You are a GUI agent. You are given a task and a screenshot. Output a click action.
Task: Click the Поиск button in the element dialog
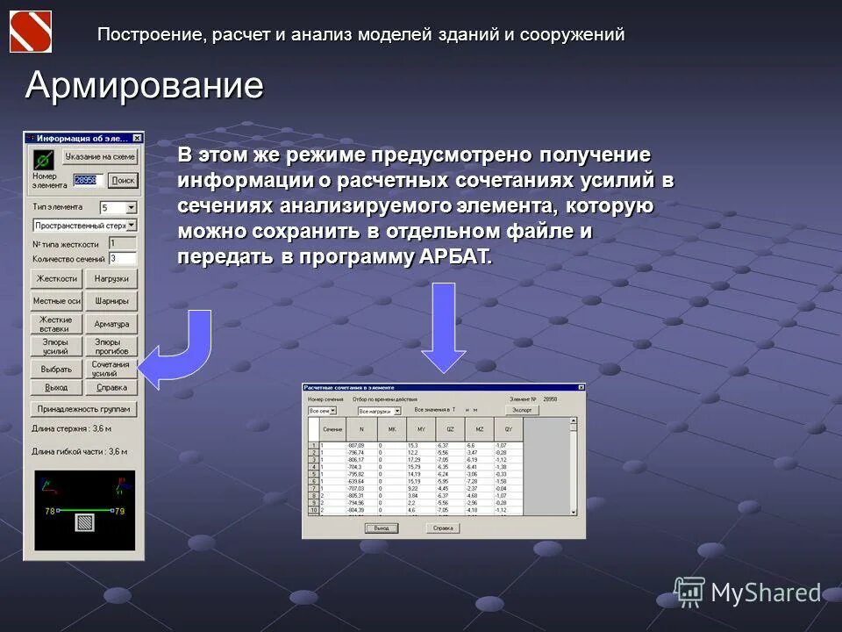(x=123, y=180)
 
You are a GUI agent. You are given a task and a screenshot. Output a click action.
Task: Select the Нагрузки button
(x=111, y=278)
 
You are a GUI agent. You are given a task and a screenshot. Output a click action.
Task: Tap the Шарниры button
(x=111, y=301)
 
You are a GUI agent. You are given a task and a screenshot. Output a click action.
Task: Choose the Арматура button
(x=111, y=324)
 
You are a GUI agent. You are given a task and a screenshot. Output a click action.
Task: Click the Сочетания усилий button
(x=111, y=369)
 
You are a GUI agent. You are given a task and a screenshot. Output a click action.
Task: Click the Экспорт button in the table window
(x=522, y=410)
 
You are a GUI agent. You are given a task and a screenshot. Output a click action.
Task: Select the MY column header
(x=420, y=428)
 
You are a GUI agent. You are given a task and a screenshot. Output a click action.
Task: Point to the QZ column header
(x=450, y=428)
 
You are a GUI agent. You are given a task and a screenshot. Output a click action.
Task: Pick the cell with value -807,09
(x=355, y=446)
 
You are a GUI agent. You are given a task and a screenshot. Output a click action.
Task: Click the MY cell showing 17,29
(x=415, y=460)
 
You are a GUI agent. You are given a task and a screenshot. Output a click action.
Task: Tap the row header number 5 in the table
(x=313, y=475)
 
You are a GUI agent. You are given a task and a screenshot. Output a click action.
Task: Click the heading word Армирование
(x=145, y=85)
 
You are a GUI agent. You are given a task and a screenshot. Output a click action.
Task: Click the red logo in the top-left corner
(x=31, y=31)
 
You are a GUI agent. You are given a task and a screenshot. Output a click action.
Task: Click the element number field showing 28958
(x=87, y=180)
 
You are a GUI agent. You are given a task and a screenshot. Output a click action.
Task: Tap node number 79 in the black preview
(x=120, y=510)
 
